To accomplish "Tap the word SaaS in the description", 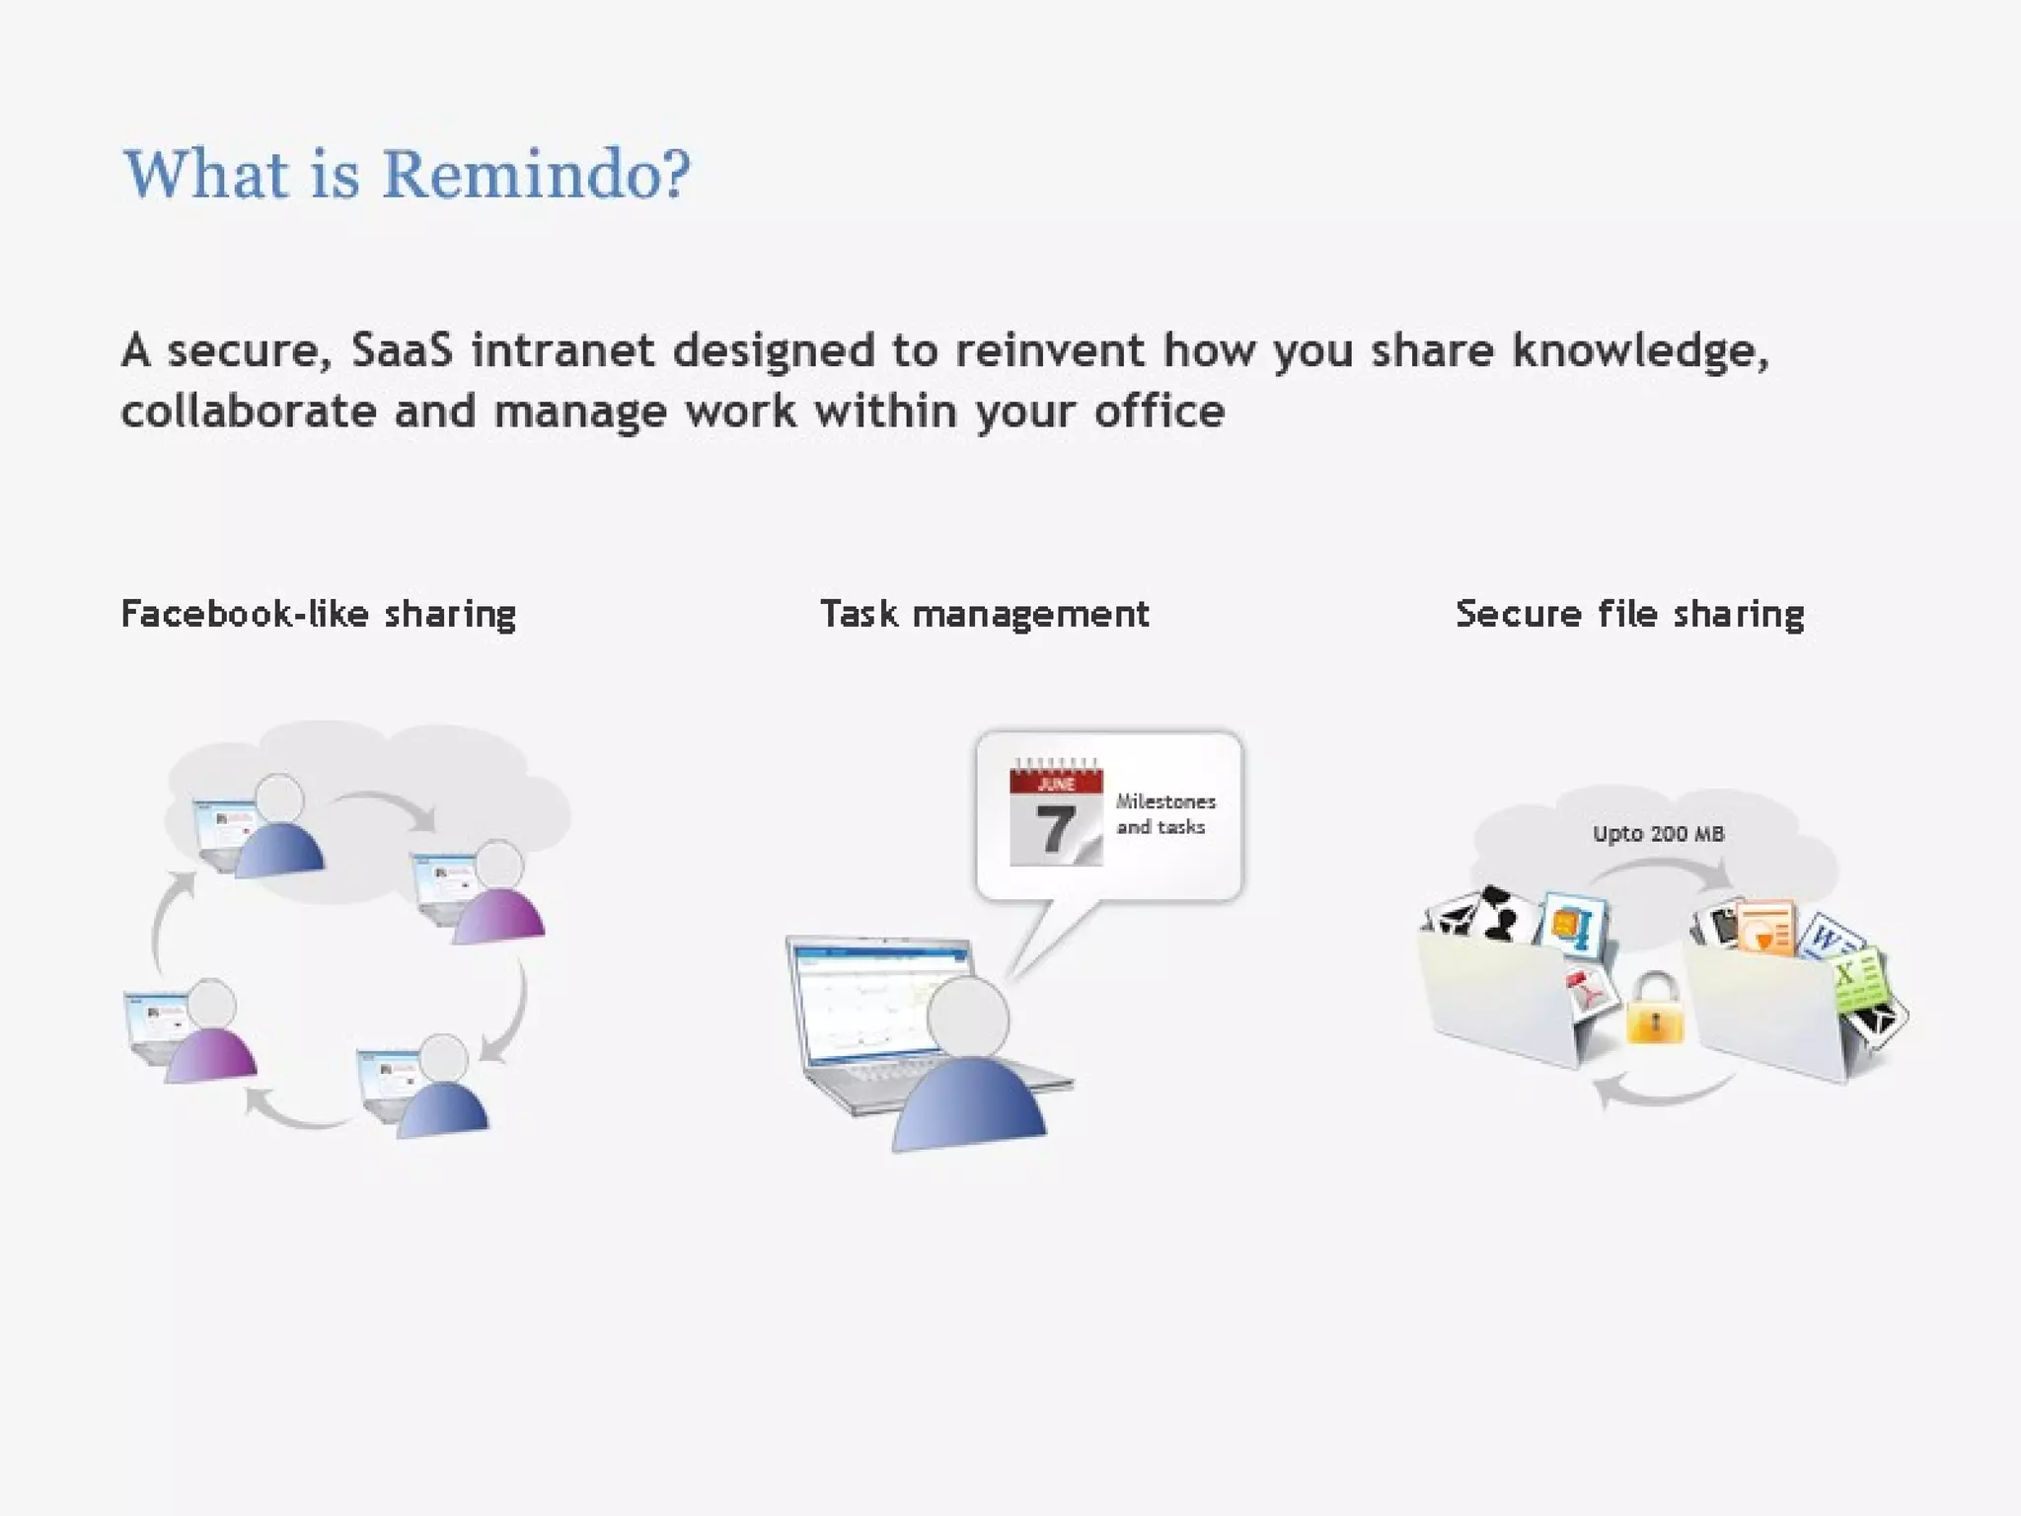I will pos(402,351).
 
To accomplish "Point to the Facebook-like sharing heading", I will pos(318,614).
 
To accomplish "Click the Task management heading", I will pos(984,614).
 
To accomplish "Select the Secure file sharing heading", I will pos(1629,614).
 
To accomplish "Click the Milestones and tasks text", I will pos(1164,814).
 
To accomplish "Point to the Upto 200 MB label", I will pos(1658,834).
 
